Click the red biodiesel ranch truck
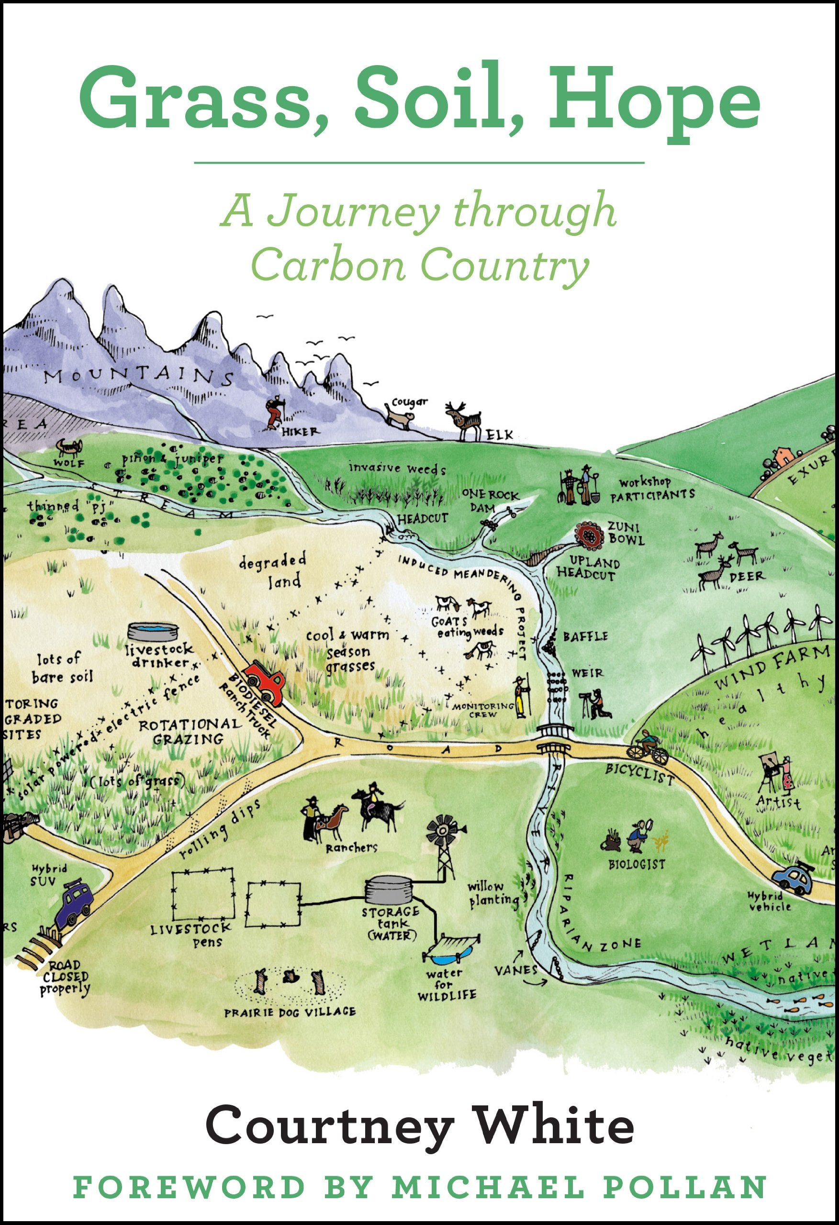(x=265, y=681)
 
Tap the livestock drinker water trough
(x=153, y=631)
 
